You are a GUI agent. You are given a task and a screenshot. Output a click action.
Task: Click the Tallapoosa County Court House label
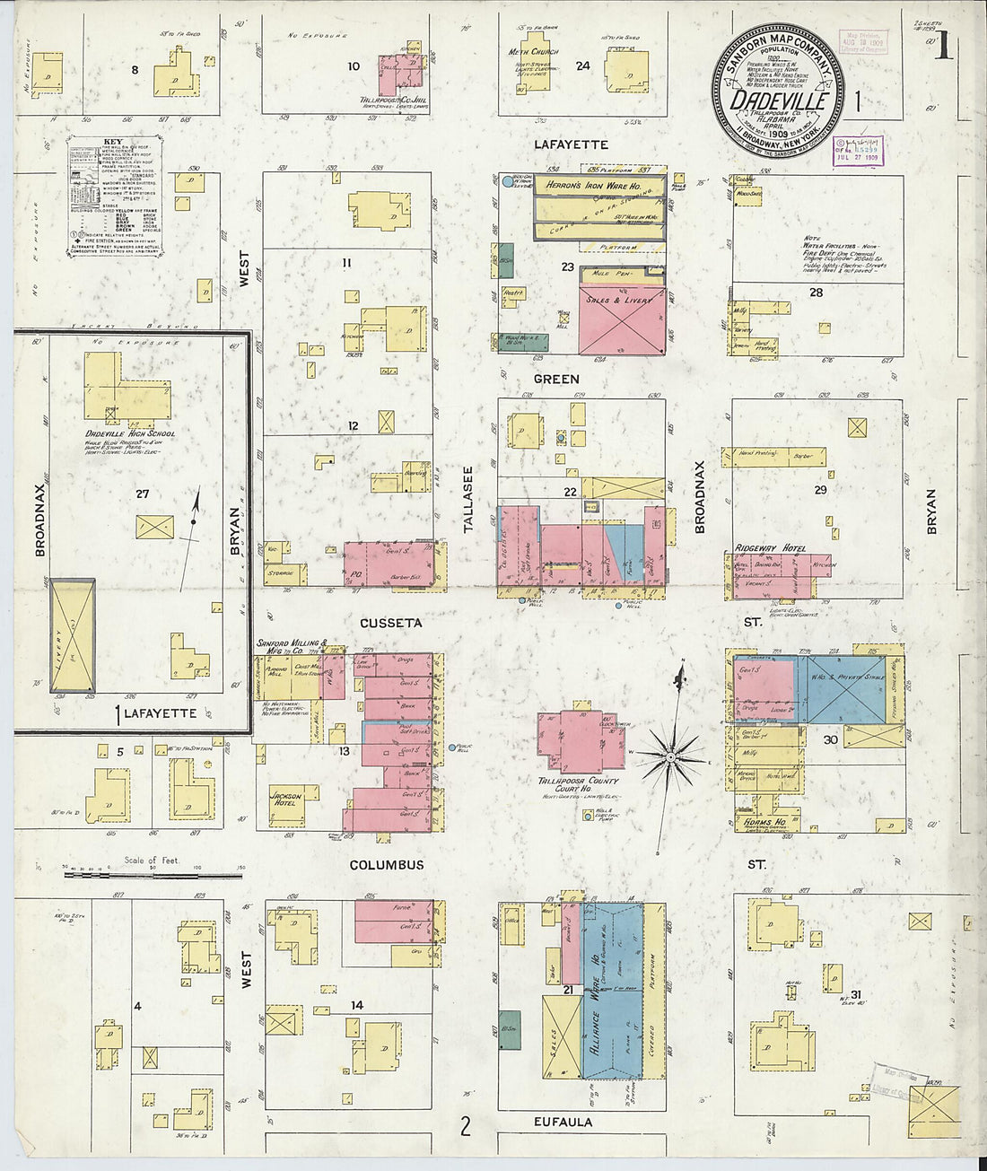pos(579,786)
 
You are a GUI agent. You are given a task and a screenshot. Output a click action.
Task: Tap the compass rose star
pos(669,758)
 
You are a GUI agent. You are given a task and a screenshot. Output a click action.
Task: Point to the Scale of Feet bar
pos(153,869)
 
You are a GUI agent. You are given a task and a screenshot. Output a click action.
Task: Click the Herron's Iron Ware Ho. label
pos(584,184)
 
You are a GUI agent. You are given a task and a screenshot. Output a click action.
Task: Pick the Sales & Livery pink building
pos(622,319)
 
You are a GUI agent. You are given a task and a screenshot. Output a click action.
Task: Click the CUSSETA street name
pos(390,622)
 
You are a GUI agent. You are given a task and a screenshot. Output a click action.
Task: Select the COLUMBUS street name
pos(387,865)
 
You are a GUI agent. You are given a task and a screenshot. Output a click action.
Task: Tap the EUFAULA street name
pos(563,1122)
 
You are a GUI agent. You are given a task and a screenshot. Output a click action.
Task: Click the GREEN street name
pos(556,379)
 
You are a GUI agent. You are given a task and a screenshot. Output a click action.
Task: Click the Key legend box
pos(115,197)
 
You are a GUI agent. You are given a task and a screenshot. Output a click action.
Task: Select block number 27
pos(143,494)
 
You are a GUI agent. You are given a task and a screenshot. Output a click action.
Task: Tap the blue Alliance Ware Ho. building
pos(612,987)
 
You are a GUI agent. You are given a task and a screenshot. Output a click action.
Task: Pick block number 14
pos(357,1005)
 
